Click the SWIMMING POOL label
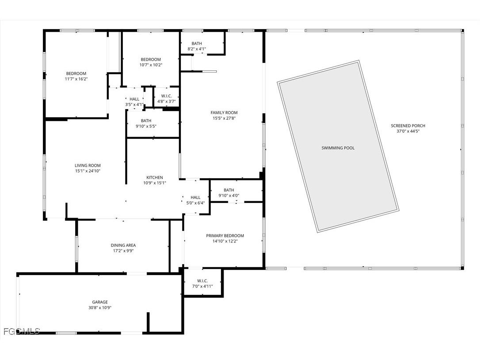coord(338,148)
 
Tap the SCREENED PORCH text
coord(408,126)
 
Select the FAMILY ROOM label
coord(224,113)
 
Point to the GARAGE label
coord(100,302)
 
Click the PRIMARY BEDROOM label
coord(225,236)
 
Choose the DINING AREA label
coord(123,245)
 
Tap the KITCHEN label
coord(155,177)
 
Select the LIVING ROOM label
coord(88,165)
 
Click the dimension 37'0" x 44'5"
coord(408,131)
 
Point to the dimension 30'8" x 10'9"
coord(100,307)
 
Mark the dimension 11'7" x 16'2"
coord(76,79)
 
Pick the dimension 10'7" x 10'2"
coord(151,65)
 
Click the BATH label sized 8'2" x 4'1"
coord(197,43)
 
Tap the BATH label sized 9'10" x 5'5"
coord(146,121)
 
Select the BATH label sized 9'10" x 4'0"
coord(229,190)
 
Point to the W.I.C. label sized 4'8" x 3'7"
coord(167,96)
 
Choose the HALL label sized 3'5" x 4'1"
coord(134,99)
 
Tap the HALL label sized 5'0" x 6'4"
coord(195,198)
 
